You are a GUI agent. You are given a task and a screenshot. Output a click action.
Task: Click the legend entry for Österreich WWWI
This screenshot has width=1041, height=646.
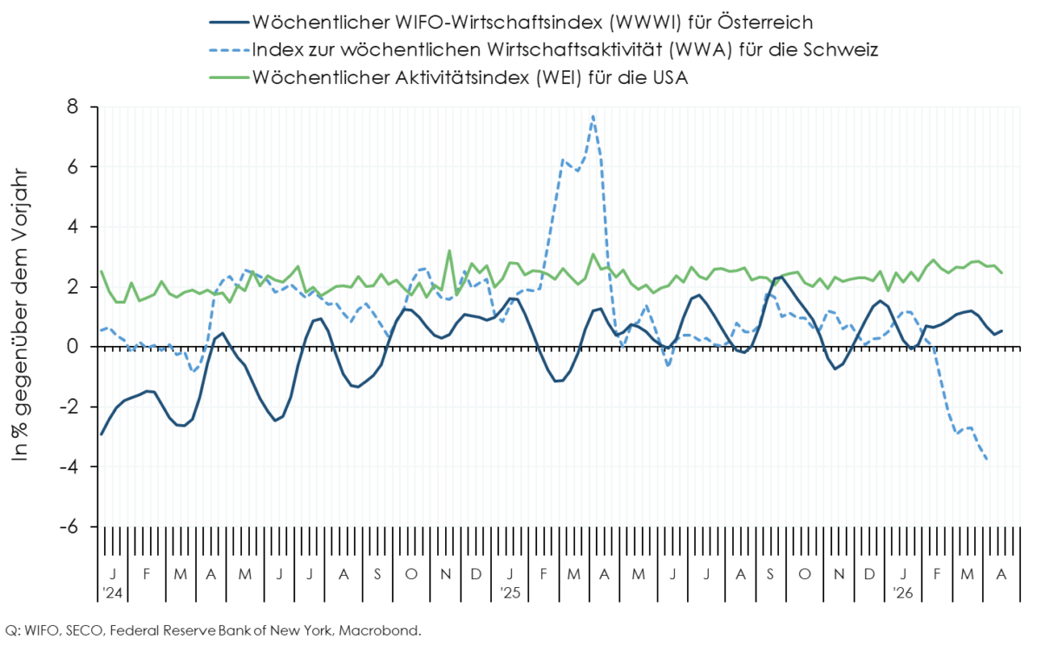[530, 22]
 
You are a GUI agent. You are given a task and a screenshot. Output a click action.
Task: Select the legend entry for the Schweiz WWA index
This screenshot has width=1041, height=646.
[565, 49]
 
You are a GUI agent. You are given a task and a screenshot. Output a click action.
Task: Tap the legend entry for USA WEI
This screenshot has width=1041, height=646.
[469, 77]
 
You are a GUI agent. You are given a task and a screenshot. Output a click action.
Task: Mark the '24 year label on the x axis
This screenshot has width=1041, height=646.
[114, 594]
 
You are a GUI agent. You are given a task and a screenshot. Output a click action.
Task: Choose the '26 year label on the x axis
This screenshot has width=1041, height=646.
[904, 594]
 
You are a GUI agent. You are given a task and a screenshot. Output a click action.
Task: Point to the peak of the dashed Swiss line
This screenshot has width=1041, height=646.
[593, 116]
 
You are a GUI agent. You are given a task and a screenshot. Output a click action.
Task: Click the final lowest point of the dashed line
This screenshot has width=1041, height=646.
[986, 459]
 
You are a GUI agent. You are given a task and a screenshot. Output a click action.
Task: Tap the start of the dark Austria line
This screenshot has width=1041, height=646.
[101, 434]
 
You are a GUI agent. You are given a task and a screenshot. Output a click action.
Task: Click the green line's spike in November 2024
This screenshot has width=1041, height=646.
[449, 251]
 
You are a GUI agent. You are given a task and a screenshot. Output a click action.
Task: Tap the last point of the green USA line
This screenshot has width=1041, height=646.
[1002, 272]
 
